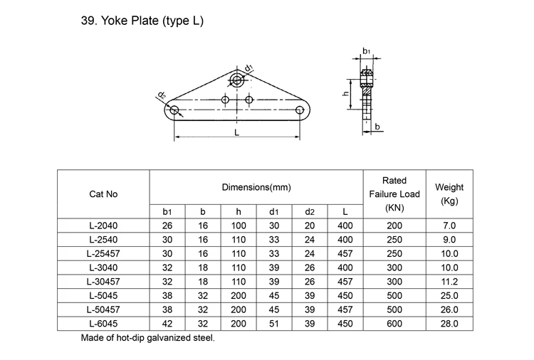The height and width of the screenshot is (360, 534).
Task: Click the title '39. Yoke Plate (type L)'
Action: point(143,21)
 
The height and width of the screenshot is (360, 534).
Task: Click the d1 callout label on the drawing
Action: point(248,68)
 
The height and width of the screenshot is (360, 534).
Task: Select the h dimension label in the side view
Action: point(346,93)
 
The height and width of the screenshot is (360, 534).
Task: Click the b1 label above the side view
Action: point(366,51)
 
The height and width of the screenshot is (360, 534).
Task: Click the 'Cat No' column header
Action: point(103,194)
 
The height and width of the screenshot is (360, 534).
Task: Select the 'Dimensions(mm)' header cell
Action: point(256,187)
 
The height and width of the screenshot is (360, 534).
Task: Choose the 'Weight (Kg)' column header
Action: point(449,194)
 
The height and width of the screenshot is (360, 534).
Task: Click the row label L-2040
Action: point(103,226)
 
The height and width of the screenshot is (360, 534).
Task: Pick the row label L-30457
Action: point(103,281)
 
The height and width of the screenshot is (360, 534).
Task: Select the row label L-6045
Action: point(103,322)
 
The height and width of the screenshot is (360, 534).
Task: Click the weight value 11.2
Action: point(449,281)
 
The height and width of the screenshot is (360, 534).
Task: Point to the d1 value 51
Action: point(273,322)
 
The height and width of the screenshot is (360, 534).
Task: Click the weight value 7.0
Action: point(449,226)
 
